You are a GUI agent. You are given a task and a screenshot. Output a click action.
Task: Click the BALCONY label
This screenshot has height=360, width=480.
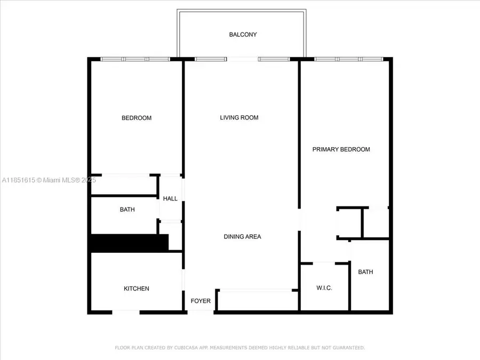click(243, 35)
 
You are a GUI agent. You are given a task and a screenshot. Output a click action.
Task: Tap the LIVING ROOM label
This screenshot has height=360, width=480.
click(239, 117)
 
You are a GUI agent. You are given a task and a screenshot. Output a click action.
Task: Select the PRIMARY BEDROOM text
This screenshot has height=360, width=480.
click(341, 149)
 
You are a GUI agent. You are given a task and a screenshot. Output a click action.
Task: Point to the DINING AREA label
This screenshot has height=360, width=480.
click(242, 236)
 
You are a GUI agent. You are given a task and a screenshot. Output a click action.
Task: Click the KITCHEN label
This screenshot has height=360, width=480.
click(137, 289)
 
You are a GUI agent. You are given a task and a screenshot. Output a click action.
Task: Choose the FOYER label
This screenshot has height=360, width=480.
click(201, 301)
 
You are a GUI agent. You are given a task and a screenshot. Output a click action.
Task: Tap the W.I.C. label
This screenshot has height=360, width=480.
click(324, 288)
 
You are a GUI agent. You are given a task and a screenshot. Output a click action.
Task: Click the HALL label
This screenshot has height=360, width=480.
click(170, 198)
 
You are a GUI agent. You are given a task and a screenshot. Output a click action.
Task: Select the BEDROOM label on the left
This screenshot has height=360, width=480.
click(137, 118)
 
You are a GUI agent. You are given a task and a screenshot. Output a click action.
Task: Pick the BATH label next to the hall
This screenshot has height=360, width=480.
click(127, 210)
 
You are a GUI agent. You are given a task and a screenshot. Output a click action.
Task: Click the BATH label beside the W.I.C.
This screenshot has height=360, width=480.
click(365, 272)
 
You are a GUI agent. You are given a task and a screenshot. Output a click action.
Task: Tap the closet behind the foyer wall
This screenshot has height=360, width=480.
click(258, 300)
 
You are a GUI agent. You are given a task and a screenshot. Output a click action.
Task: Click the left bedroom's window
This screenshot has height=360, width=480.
click(135, 59)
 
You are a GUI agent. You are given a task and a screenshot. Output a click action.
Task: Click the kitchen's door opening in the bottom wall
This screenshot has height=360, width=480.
click(126, 311)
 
